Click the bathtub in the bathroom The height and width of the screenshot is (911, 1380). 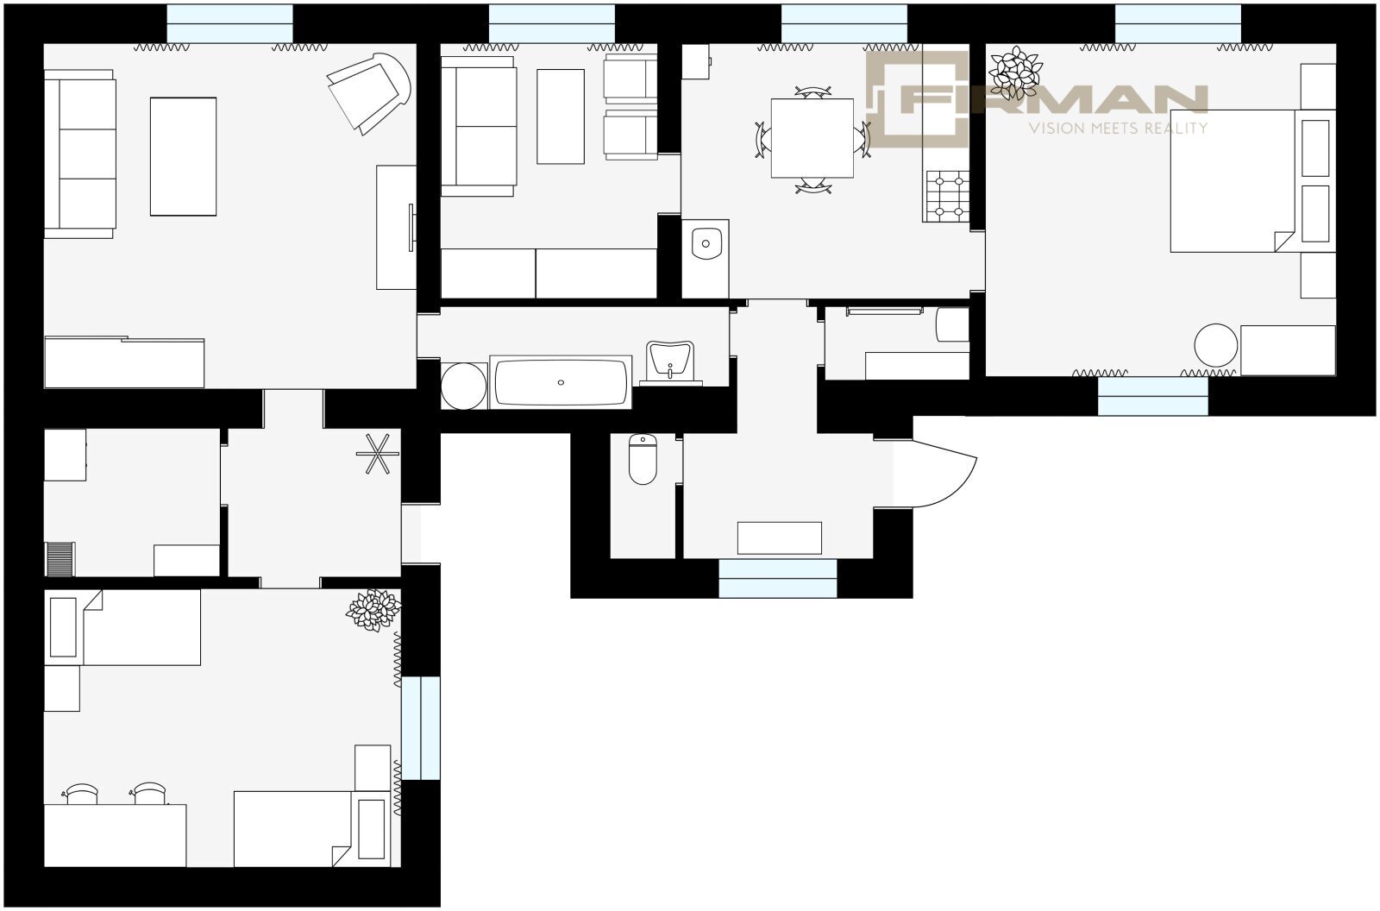tap(561, 382)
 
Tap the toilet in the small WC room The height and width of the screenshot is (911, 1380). tap(643, 459)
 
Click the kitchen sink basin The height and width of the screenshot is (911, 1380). tap(706, 243)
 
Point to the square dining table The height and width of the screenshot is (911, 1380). tap(812, 138)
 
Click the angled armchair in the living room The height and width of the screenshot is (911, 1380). tap(369, 93)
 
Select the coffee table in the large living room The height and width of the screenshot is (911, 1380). tap(183, 156)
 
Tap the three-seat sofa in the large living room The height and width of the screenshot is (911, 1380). tap(79, 154)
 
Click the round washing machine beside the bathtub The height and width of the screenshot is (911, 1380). tap(463, 386)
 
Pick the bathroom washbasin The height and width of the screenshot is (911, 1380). tap(669, 362)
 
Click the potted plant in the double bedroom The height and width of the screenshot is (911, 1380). tap(1014, 72)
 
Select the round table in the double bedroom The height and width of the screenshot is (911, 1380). tap(1215, 345)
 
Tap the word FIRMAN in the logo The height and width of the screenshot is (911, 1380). tap(1053, 99)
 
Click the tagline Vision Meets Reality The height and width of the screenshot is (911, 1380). tap(1118, 129)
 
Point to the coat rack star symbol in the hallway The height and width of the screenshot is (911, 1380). tap(378, 454)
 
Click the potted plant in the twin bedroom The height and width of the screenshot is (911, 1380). tap(373, 610)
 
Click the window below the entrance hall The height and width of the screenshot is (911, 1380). tap(777, 578)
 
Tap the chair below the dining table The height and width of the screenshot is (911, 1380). tap(812, 185)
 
